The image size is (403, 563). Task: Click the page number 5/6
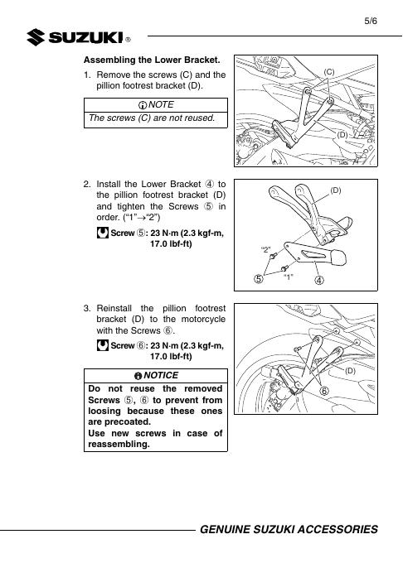[x=371, y=21]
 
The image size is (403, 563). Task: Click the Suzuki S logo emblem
[x=36, y=37]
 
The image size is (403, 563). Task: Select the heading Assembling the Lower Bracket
[x=152, y=60]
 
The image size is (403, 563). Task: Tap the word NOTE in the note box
[x=161, y=104]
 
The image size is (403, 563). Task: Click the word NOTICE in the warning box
[x=161, y=375]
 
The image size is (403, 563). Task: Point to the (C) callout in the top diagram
[x=329, y=72]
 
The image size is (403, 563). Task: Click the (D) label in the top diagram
[x=342, y=135]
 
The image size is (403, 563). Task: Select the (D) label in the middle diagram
[x=335, y=190]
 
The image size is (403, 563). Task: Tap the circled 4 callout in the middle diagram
[x=319, y=280]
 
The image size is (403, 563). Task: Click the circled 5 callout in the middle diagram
[x=259, y=279]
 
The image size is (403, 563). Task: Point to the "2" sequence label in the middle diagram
[x=265, y=249]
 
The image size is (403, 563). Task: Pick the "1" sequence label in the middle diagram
[x=289, y=277]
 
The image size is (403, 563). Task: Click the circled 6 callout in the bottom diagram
[x=324, y=391]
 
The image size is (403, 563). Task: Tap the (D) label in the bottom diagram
[x=350, y=371]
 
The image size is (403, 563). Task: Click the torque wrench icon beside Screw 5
[x=103, y=233]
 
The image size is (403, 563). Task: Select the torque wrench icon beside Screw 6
[x=103, y=345]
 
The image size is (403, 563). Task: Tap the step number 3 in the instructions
[x=87, y=309]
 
